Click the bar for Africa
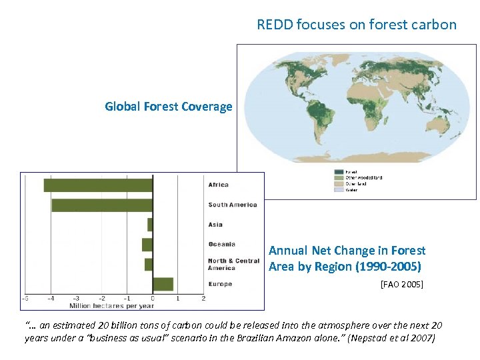click(x=98, y=185)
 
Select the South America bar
click(x=102, y=205)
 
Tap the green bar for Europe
click(x=163, y=284)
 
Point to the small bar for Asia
click(x=150, y=225)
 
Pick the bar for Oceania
click(x=147, y=245)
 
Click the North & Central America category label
click(x=233, y=264)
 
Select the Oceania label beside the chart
click(x=221, y=245)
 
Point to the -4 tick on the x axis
click(x=51, y=298)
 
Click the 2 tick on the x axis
click(x=203, y=298)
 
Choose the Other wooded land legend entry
click(x=363, y=178)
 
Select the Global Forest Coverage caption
click(x=169, y=107)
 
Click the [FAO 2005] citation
click(x=401, y=285)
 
